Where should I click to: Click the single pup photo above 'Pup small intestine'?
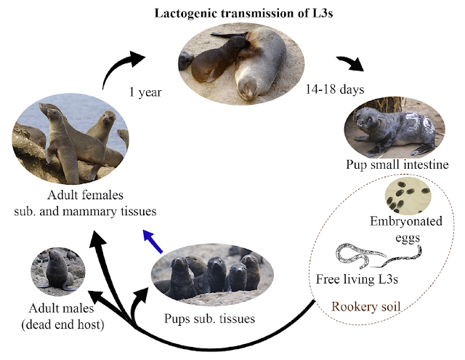tap(393, 130)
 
